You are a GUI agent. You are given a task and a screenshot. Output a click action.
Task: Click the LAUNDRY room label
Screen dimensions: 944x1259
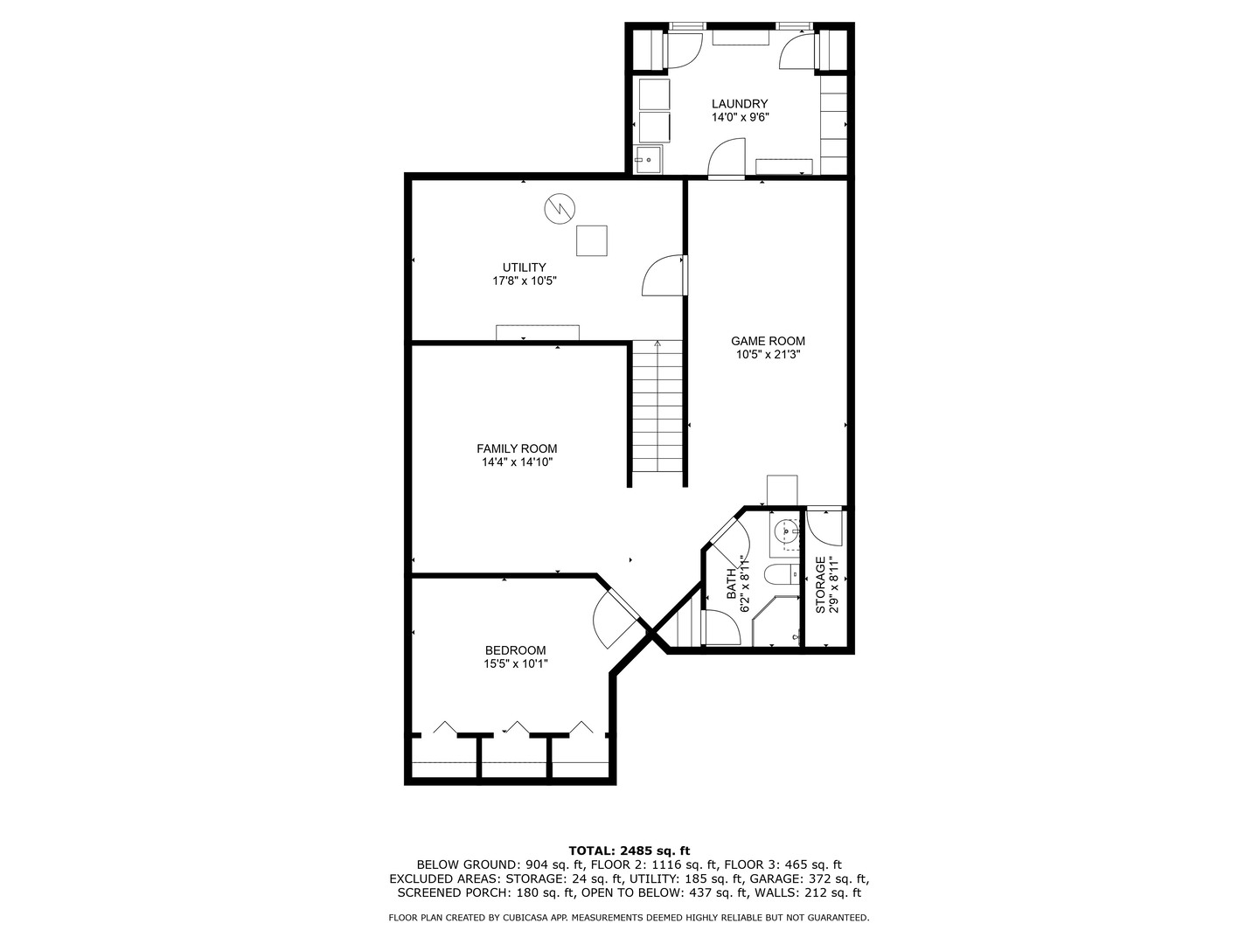(x=739, y=103)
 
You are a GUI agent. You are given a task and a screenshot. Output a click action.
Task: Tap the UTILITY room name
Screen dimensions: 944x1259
(x=524, y=267)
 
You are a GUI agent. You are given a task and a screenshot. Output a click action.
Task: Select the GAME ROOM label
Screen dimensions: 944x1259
(x=768, y=341)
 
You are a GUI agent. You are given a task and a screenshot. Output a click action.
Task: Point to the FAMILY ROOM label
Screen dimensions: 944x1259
(x=516, y=448)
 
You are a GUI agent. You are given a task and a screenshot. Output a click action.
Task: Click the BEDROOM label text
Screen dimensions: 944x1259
(x=515, y=650)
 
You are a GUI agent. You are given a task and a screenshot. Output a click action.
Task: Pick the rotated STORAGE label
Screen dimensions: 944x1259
(x=820, y=584)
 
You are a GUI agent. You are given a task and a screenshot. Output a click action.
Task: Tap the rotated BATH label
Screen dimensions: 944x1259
(x=732, y=584)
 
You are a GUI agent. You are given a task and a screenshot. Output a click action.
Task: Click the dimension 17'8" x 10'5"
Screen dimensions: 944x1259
(x=524, y=281)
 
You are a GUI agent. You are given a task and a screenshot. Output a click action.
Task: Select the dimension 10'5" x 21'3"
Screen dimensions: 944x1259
(x=768, y=355)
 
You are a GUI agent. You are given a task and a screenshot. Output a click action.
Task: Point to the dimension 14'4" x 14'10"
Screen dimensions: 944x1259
(x=516, y=462)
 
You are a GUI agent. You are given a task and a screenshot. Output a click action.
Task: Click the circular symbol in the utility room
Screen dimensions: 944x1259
(x=559, y=209)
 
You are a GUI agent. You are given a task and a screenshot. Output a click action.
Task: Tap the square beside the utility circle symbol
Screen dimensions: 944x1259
(x=591, y=240)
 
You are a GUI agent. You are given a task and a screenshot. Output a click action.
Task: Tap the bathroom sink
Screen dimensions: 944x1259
(x=787, y=531)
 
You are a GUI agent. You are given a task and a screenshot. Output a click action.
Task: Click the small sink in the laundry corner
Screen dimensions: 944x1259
(x=649, y=160)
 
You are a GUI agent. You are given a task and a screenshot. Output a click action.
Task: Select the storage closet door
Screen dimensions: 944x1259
(x=824, y=526)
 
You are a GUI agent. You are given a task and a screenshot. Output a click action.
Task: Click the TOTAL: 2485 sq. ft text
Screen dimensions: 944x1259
(x=629, y=850)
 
